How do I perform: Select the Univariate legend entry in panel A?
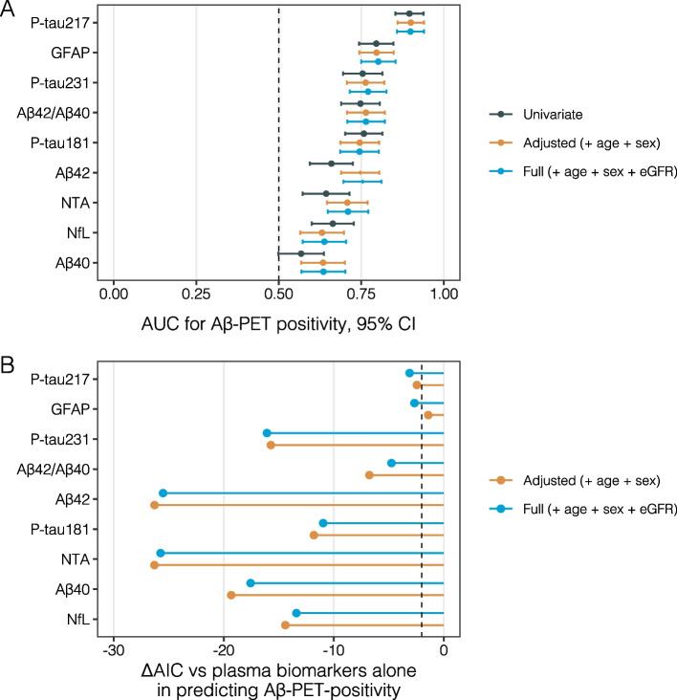click(553, 115)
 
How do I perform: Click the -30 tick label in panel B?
click(114, 651)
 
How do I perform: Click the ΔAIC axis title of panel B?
click(278, 679)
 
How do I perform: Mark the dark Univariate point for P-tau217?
click(409, 14)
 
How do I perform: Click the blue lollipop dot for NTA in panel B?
click(160, 554)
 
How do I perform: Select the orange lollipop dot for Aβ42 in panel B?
click(154, 505)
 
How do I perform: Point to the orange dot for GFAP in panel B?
click(428, 415)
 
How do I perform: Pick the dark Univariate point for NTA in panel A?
click(326, 193)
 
